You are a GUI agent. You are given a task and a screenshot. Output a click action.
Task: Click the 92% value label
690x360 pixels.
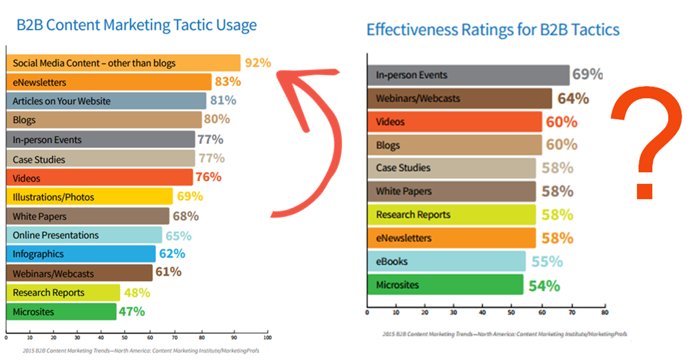[x=258, y=63]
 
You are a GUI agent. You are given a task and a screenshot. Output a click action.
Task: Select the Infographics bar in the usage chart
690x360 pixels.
[x=81, y=254]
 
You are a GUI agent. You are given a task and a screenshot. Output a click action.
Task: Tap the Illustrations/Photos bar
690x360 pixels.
[x=89, y=197]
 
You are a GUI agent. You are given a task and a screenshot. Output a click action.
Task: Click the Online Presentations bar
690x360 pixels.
[x=84, y=235]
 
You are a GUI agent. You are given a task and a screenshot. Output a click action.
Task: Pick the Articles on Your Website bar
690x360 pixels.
[x=106, y=100]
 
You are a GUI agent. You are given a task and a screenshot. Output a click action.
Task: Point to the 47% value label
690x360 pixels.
[x=131, y=312]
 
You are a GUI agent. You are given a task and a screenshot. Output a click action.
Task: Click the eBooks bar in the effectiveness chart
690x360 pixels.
[x=446, y=262]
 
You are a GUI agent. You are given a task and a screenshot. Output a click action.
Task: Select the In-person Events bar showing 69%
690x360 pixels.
[x=468, y=75]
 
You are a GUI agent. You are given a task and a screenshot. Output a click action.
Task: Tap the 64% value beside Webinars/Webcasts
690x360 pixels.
[x=573, y=98]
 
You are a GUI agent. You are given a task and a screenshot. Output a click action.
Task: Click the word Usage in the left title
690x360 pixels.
[x=237, y=25]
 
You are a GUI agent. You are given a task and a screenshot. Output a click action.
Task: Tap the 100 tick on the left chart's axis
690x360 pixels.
[x=267, y=337]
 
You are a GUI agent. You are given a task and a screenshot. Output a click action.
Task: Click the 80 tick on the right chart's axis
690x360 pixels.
[x=605, y=313]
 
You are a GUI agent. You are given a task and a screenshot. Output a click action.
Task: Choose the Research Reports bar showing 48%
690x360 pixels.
[x=63, y=293]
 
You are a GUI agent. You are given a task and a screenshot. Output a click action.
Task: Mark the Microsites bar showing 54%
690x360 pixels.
[x=445, y=285]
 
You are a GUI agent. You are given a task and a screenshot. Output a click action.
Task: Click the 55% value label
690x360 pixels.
[x=547, y=262]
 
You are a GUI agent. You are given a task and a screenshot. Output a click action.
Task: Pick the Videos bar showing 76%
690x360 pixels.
[x=100, y=178]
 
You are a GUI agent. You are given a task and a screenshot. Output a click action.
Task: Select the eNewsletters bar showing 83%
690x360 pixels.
[x=109, y=82]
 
